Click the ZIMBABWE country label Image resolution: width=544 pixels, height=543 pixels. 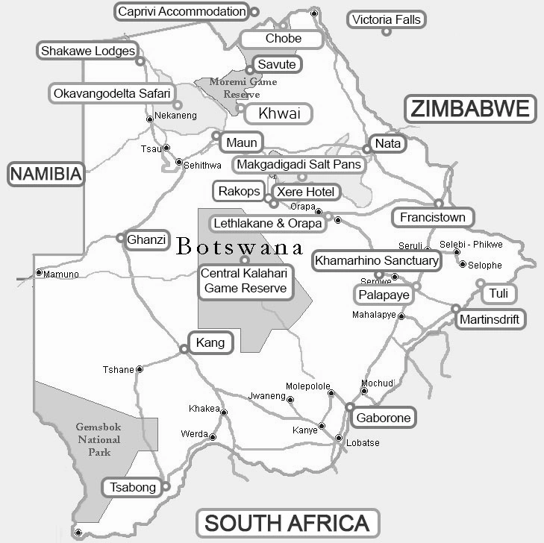(x=471, y=109)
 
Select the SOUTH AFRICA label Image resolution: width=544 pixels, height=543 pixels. (x=287, y=522)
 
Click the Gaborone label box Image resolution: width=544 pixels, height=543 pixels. (x=383, y=418)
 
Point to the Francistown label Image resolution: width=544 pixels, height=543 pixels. (x=433, y=218)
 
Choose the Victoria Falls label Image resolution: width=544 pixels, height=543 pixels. (x=387, y=19)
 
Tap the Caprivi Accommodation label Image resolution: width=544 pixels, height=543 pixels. (x=182, y=11)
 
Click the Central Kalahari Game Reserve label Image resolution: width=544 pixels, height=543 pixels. (x=245, y=281)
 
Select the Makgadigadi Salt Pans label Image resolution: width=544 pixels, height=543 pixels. (x=298, y=164)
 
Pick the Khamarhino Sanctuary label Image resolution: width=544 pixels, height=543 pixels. (x=377, y=260)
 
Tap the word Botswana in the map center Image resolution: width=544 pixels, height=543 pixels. (x=240, y=247)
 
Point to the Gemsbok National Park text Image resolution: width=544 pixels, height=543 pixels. (x=98, y=439)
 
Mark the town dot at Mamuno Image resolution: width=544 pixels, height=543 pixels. (x=39, y=273)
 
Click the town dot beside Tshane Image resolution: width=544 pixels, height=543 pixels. (x=140, y=368)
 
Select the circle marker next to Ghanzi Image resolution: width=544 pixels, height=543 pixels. (x=120, y=239)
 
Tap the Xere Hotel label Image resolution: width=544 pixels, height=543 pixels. (x=306, y=192)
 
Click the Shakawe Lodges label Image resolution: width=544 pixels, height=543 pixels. (x=87, y=51)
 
